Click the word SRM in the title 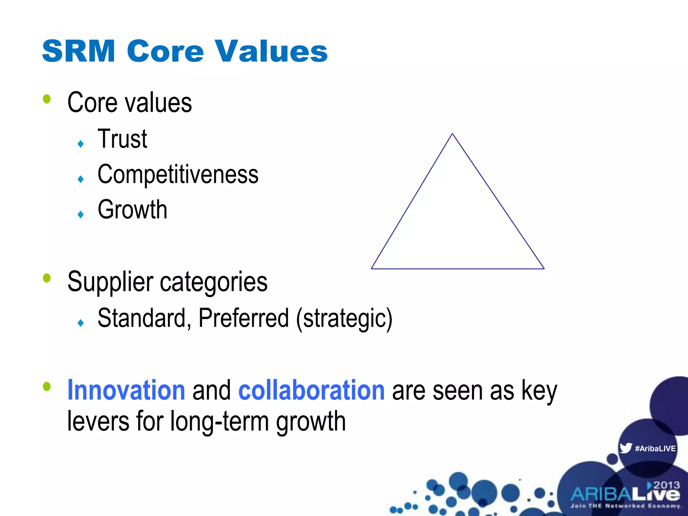79,51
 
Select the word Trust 122,139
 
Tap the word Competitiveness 178,175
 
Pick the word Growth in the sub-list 132,210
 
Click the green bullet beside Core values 47,99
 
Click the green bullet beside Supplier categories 47,278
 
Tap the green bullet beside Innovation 47,386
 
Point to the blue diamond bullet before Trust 81,144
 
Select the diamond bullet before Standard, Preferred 81,323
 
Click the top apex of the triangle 452,134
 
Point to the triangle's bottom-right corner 544,268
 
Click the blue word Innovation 126,390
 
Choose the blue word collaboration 311,390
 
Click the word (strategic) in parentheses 344,318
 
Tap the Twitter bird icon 626,448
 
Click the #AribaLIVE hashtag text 655,448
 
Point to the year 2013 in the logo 666,485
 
